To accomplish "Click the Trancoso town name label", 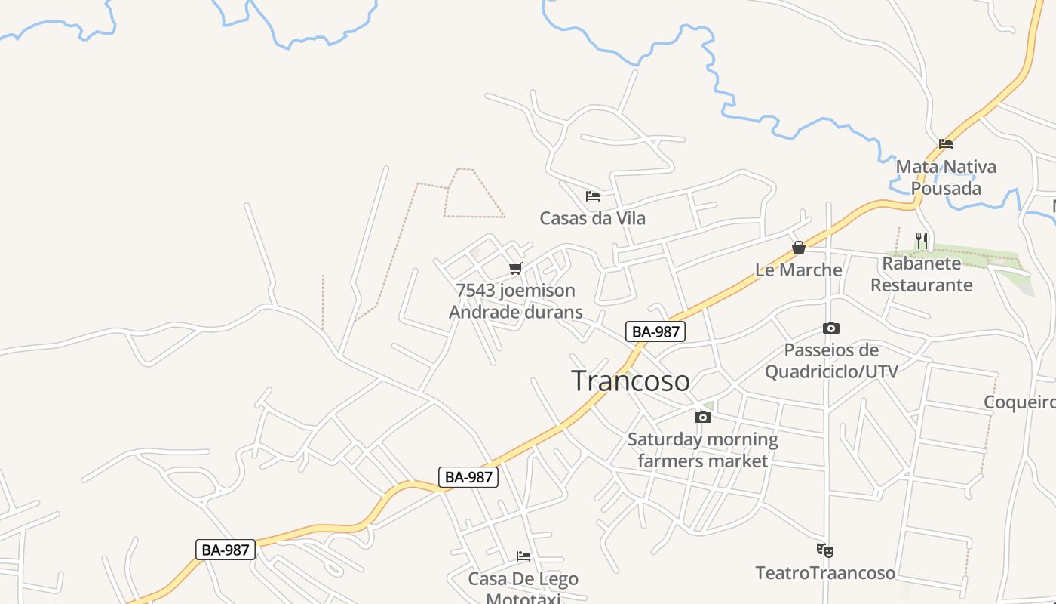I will (x=630, y=381).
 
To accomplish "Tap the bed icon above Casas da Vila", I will (x=593, y=196).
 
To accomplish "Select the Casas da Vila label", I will (x=592, y=218).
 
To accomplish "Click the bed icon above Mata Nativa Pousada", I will (x=946, y=144).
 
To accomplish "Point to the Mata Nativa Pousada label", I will (x=946, y=177).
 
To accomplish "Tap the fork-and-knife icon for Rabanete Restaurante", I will (x=922, y=241).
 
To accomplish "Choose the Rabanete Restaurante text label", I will (x=922, y=274).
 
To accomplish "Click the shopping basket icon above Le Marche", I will (x=799, y=248).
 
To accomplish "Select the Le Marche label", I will (x=799, y=270).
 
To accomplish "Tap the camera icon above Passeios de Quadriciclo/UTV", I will (x=831, y=328).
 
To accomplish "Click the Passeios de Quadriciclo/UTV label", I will (x=831, y=361).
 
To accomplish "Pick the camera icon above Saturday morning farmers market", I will (x=703, y=417).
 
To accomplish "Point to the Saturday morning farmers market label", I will (x=703, y=450).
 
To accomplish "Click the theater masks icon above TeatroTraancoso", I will (x=825, y=550).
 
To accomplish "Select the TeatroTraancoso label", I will (x=825, y=573).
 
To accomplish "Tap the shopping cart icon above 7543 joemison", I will (x=516, y=268).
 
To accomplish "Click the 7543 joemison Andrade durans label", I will (x=516, y=301).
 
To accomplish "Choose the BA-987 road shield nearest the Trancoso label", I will (x=655, y=331).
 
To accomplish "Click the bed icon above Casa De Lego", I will (x=523, y=556).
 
